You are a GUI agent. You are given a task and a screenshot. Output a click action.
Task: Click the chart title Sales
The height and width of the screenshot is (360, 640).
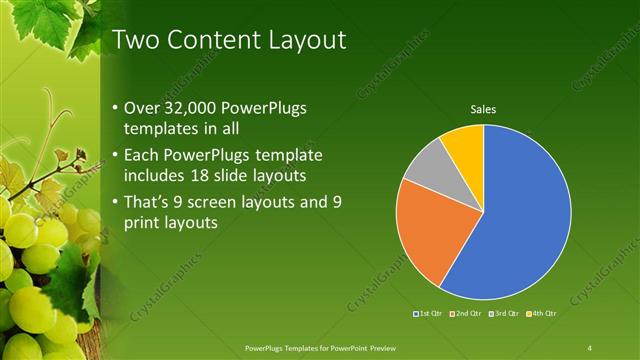pyautogui.click(x=484, y=109)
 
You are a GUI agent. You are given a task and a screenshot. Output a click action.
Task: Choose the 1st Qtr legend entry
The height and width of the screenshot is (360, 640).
pyautogui.click(x=430, y=314)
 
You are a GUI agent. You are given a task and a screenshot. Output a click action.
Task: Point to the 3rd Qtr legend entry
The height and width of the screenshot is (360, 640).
pyautogui.click(x=504, y=314)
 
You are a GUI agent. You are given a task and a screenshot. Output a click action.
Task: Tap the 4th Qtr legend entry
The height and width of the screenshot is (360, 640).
pyautogui.click(x=540, y=314)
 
